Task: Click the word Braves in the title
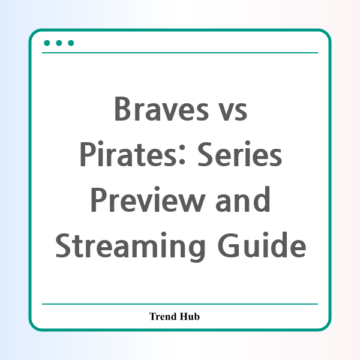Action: pos(161,109)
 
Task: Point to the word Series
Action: pos(239,154)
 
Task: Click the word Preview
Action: pos(148,200)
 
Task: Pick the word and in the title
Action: pos(243,200)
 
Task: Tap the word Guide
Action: pos(262,245)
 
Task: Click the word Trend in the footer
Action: pos(163,316)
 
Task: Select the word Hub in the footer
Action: pos(190,316)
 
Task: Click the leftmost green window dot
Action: pos(47,43)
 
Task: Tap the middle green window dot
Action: pos(59,43)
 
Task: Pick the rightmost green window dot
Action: pos(71,43)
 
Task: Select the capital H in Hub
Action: pos(184,316)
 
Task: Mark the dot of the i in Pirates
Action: pos(101,143)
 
